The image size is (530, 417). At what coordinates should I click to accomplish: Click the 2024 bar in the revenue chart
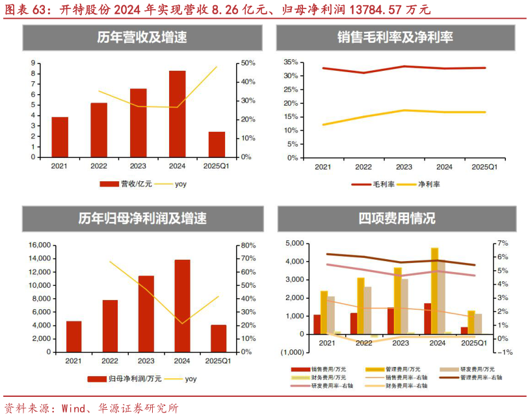point(178,114)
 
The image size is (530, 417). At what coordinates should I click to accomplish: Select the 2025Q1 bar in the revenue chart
point(217,144)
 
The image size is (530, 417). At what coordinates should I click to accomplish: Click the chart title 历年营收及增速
point(142,38)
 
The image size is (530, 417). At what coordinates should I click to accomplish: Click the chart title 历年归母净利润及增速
point(142,219)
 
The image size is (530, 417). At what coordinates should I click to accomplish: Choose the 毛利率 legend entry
point(373,184)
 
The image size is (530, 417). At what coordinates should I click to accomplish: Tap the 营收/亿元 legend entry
point(127,184)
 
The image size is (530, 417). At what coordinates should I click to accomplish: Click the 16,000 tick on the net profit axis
point(40,245)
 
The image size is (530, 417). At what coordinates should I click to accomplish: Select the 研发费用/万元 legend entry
point(469,369)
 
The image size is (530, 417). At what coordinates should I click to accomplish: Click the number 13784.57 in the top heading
point(365,9)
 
